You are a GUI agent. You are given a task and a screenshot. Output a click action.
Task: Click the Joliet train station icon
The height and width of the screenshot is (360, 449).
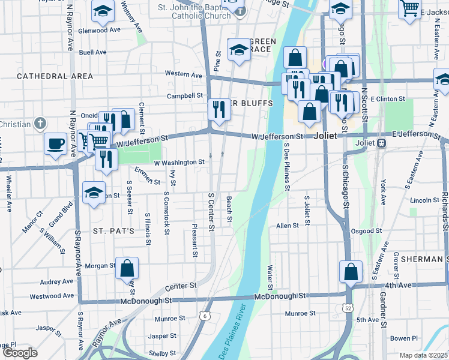(x=381, y=143)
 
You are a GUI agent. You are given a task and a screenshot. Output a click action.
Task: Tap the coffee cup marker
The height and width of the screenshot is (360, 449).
(x=56, y=144)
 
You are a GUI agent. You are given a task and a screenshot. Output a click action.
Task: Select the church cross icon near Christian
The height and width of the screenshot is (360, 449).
(x=41, y=124)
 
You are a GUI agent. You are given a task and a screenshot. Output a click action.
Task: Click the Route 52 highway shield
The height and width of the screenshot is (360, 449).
(x=348, y=308)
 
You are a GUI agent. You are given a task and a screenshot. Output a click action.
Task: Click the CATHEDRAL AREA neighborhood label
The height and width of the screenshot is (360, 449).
(x=55, y=76)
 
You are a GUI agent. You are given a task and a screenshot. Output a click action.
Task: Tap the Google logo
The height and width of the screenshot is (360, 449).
(x=20, y=353)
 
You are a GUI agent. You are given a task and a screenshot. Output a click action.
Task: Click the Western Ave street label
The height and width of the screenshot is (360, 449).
(x=184, y=74)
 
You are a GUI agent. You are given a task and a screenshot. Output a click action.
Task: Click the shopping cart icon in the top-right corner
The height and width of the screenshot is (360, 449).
(x=410, y=9)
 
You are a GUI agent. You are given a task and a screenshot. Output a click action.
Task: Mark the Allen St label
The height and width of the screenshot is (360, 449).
(x=288, y=226)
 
